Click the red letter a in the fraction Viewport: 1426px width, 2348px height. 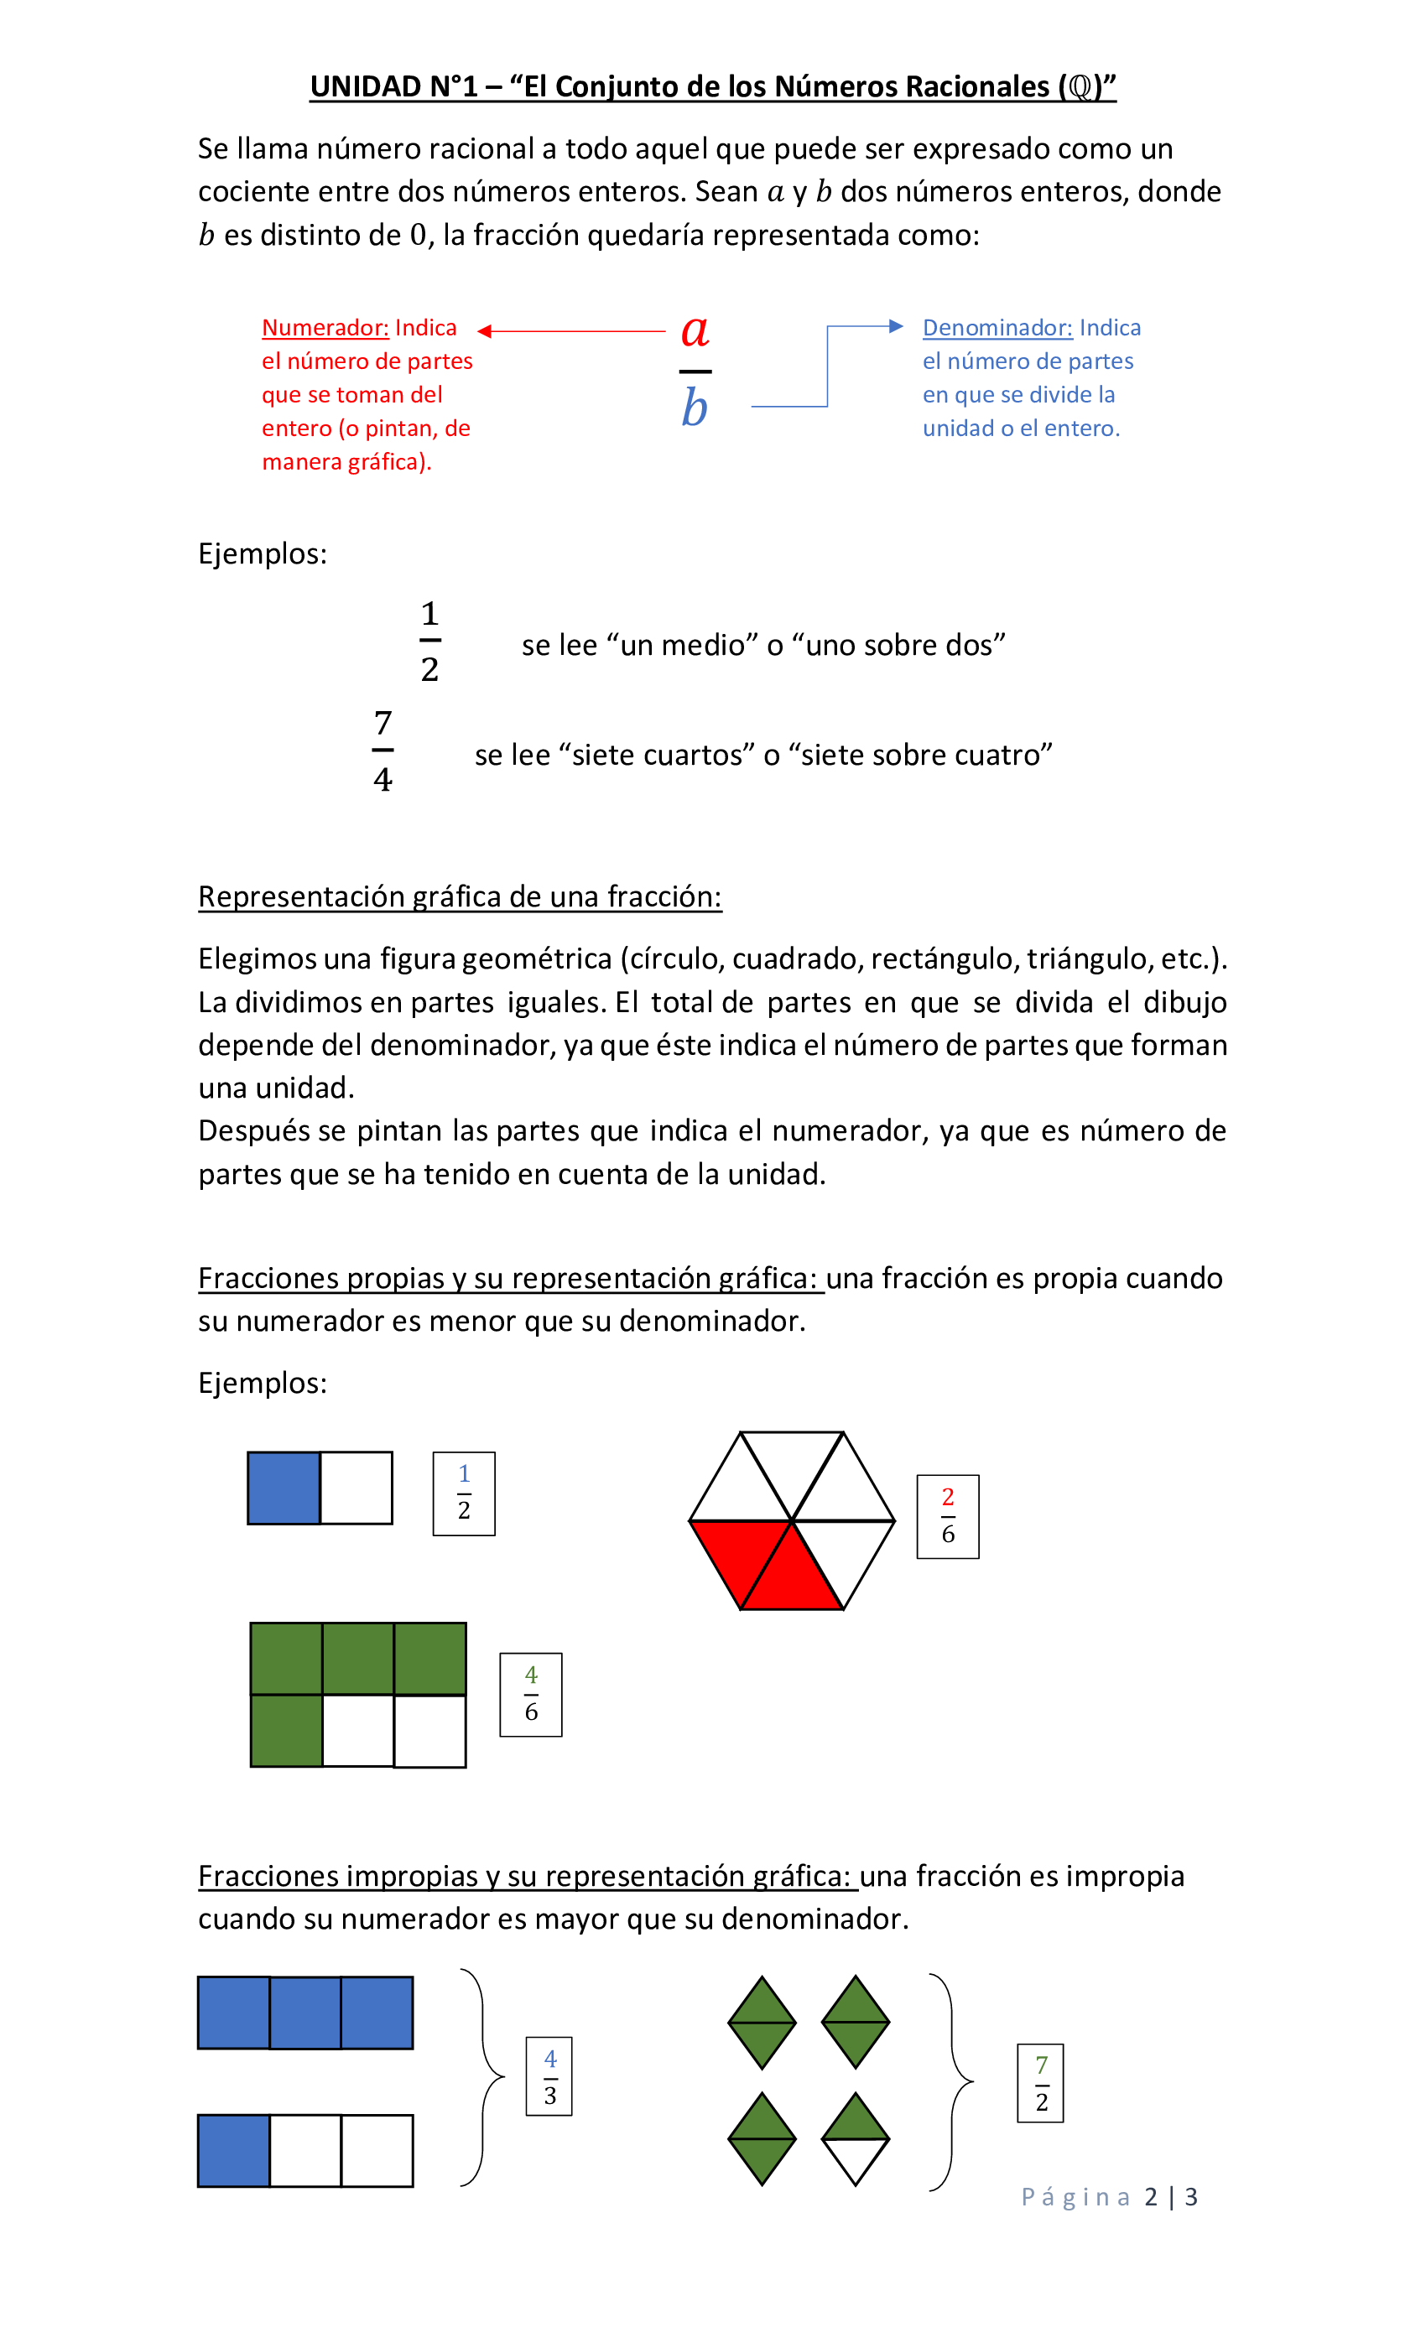click(x=694, y=330)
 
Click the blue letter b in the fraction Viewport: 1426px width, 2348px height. click(x=694, y=408)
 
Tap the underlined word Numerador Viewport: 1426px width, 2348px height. click(x=325, y=328)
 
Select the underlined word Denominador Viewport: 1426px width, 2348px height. click(x=997, y=328)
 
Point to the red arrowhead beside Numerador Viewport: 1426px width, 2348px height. click(x=485, y=331)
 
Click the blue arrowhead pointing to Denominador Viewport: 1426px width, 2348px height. click(x=895, y=326)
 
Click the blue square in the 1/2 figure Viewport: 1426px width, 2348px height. click(x=284, y=1488)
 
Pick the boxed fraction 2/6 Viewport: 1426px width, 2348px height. click(x=948, y=1516)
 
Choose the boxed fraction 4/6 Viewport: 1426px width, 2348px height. click(x=531, y=1694)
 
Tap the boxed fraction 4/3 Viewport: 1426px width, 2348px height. click(x=549, y=2076)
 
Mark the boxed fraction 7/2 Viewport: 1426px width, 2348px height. click(x=1041, y=2082)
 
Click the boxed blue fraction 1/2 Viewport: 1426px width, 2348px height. click(x=464, y=1493)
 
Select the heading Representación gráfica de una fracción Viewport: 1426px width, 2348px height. click(x=460, y=896)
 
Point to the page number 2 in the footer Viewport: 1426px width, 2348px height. click(x=1151, y=2196)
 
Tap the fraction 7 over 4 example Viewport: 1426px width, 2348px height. click(x=383, y=751)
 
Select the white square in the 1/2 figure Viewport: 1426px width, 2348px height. click(x=356, y=1488)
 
